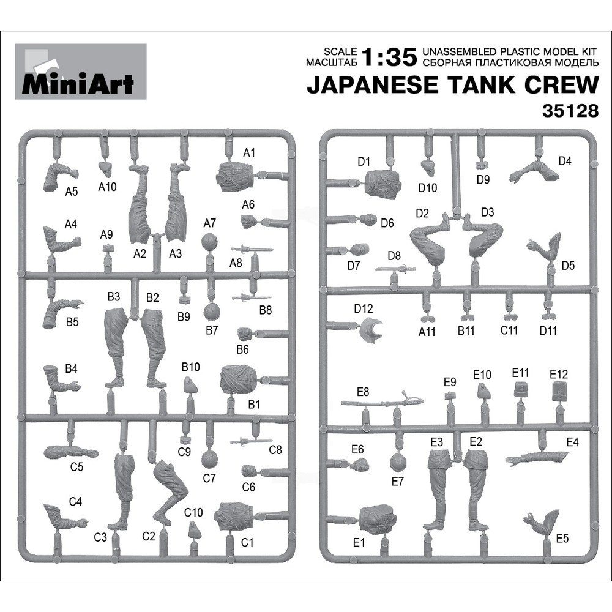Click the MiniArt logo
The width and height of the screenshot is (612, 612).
(x=81, y=72)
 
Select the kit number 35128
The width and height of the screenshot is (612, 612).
(x=570, y=111)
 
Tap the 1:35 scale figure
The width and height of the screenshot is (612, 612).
(x=389, y=57)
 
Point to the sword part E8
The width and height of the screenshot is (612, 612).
(x=382, y=401)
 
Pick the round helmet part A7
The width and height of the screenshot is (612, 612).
(x=210, y=242)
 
